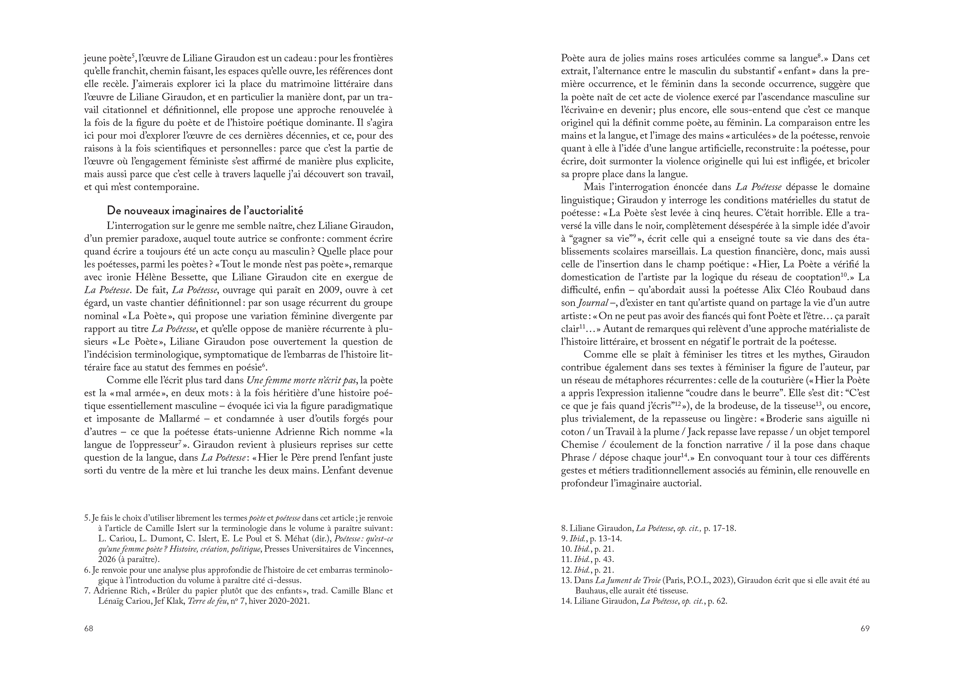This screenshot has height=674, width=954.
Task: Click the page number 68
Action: [88, 628]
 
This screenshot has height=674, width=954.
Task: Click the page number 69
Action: [865, 628]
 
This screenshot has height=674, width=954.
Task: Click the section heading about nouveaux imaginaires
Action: [205, 210]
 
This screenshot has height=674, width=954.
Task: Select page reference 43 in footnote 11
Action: [609, 559]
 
